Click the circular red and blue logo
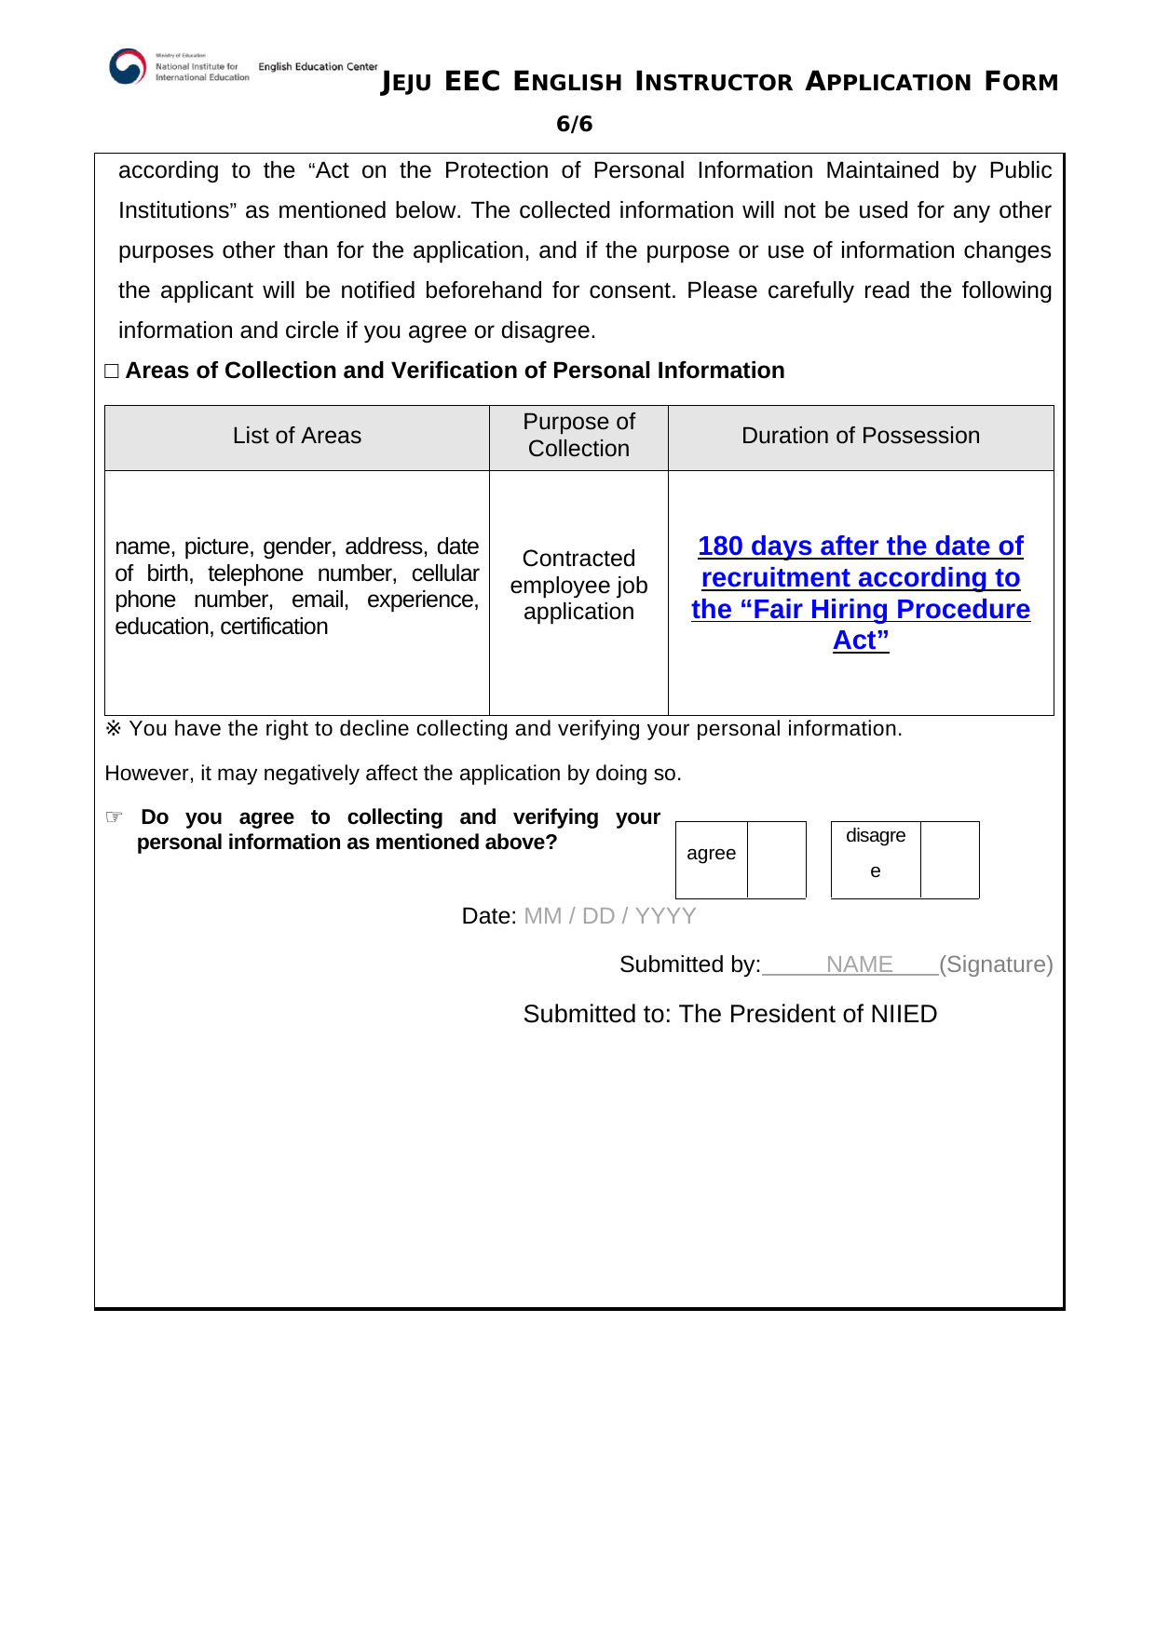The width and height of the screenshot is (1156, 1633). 128,67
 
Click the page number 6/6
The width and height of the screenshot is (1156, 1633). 574,124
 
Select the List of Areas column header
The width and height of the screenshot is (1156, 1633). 297,436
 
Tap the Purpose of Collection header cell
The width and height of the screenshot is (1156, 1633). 578,436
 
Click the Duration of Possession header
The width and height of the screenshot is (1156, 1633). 861,436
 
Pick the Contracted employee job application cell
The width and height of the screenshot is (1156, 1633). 578,585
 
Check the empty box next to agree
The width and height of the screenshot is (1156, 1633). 777,860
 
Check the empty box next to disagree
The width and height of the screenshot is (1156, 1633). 949,860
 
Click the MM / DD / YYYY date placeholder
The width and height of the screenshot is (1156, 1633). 610,916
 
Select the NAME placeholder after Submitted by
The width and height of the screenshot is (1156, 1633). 859,965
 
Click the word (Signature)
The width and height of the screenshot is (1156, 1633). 996,965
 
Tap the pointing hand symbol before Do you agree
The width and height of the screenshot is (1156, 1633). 114,817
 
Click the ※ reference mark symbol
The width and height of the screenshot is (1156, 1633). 113,728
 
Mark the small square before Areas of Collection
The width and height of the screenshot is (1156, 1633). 112,371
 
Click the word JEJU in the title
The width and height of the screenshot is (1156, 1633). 407,83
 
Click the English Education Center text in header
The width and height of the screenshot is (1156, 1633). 318,67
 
